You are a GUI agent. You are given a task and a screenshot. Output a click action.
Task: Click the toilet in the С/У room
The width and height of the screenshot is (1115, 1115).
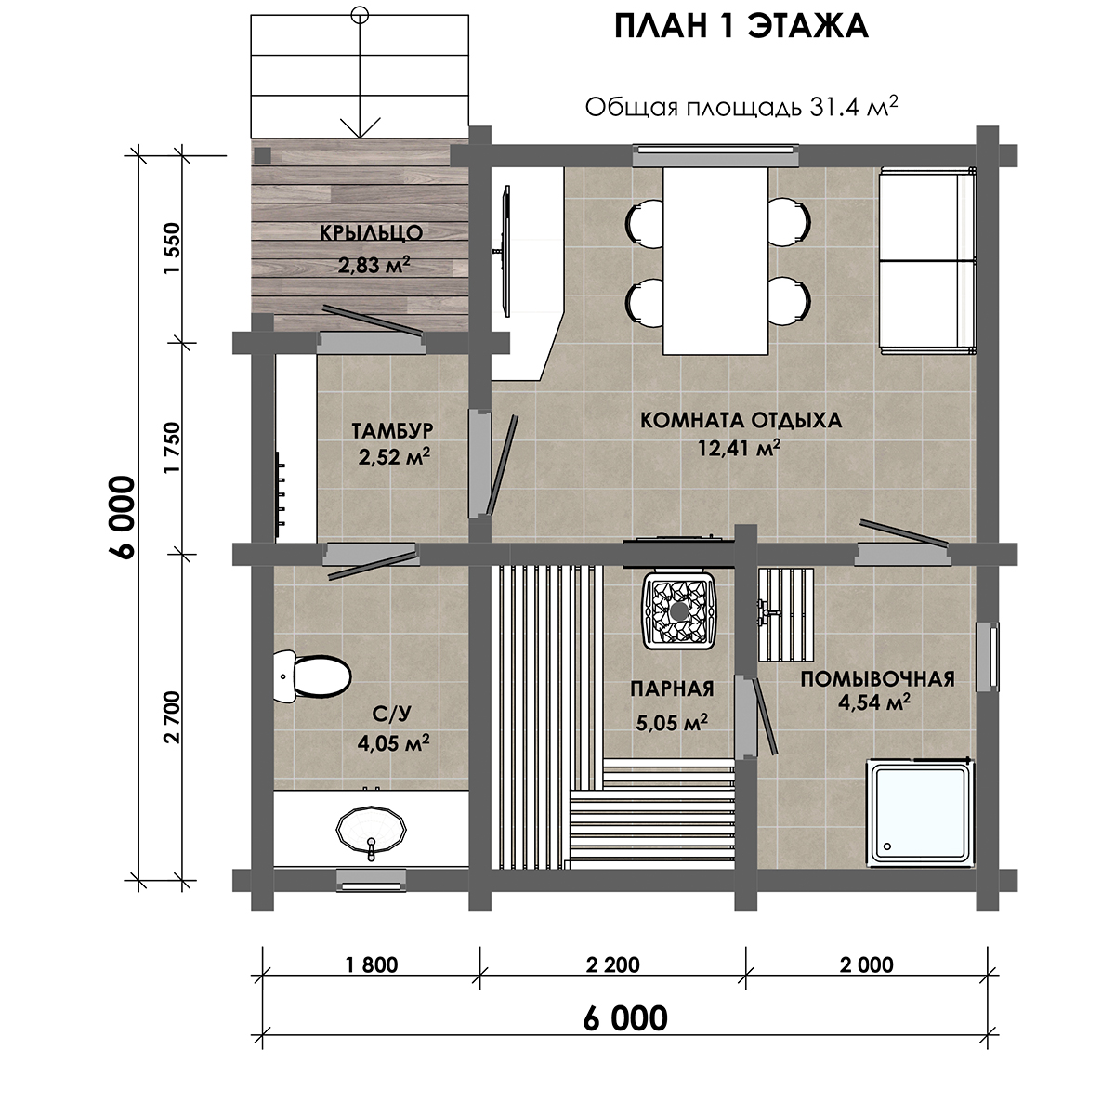(x=312, y=676)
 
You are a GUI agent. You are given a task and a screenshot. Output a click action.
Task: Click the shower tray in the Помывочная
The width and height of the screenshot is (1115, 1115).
(x=921, y=815)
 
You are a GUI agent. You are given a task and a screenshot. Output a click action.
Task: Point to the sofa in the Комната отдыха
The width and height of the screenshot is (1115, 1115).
(x=927, y=261)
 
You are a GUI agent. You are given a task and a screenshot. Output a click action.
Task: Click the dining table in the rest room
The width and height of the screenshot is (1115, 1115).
(x=715, y=261)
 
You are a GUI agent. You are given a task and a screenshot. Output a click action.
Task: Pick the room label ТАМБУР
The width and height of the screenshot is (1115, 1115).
(x=392, y=431)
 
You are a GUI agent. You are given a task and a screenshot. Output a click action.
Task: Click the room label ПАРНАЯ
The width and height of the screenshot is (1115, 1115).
(x=672, y=689)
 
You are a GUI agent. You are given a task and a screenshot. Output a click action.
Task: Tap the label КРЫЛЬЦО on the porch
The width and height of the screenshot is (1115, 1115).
(x=372, y=232)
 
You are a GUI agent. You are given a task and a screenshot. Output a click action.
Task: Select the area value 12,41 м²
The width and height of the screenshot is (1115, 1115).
(x=740, y=447)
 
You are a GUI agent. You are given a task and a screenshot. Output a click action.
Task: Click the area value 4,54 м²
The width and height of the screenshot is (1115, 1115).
(x=874, y=702)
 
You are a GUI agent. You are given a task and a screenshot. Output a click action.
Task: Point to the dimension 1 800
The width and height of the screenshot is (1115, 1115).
(x=372, y=964)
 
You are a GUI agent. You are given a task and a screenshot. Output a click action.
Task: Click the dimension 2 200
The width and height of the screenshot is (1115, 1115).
(x=612, y=964)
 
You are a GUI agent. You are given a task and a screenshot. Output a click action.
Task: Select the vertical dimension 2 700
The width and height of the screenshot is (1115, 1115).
(x=173, y=717)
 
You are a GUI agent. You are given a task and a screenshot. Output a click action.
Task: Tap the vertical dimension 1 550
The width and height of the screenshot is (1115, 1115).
(x=173, y=249)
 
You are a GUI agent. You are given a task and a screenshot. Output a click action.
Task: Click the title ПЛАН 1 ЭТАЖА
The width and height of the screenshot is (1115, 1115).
(x=741, y=27)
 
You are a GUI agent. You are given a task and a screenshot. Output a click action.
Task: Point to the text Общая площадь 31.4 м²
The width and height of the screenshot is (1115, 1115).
(x=741, y=107)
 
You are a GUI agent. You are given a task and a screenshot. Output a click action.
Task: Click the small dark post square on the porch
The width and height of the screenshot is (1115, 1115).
(x=262, y=155)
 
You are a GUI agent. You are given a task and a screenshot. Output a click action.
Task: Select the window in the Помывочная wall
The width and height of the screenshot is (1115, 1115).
(x=987, y=656)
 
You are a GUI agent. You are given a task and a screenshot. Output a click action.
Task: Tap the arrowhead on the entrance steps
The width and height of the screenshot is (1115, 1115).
(x=360, y=127)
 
